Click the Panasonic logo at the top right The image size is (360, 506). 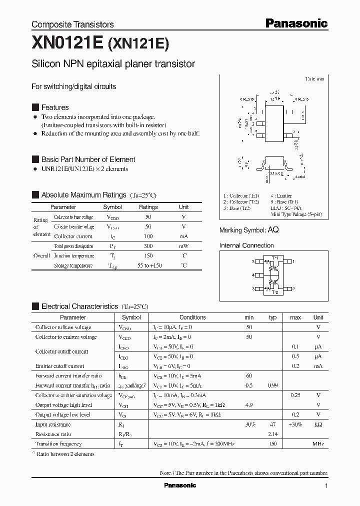[296, 23]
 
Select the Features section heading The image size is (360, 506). [55, 107]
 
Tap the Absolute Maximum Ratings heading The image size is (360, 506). [83, 195]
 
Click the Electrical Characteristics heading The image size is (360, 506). [79, 306]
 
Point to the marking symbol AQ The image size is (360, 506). [273, 230]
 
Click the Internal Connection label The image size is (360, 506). [246, 245]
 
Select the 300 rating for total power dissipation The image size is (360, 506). [148, 246]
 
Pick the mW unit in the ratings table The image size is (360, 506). [183, 246]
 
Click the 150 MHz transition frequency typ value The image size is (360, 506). [272, 444]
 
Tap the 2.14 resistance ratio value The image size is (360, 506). [272, 434]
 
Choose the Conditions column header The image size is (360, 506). [192, 317]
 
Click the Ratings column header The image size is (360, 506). [148, 207]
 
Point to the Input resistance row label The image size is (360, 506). [53, 424]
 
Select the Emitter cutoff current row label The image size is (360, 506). [59, 366]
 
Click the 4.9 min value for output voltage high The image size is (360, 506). [249, 405]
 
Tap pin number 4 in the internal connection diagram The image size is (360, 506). [253, 275]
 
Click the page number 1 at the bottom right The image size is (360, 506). [326, 485]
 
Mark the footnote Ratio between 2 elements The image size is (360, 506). [66, 454]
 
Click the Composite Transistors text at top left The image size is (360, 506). [72, 24]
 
